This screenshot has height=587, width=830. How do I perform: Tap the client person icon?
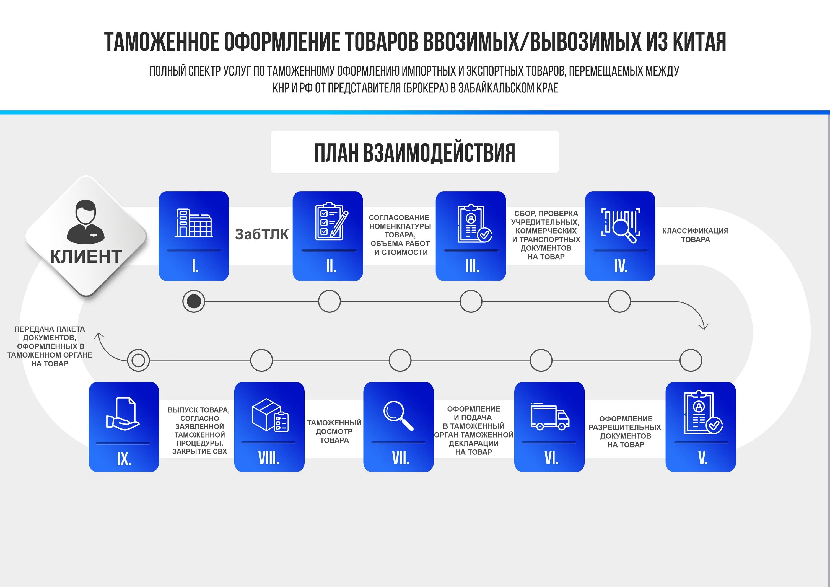[86, 221]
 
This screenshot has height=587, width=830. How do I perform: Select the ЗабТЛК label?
[262, 234]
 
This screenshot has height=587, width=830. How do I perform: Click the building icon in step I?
[194, 223]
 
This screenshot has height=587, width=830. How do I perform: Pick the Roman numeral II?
[331, 266]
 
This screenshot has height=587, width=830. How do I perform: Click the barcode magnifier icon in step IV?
[620, 225]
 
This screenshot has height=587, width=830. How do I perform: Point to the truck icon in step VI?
[550, 416]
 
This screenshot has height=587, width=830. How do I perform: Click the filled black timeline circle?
[194, 301]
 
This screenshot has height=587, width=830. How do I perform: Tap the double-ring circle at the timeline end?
[138, 360]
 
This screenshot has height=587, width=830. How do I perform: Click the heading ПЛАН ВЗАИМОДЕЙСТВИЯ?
[415, 152]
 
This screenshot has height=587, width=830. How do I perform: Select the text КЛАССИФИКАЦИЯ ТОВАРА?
[695, 235]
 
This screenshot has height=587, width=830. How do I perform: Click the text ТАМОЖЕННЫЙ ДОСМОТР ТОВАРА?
[334, 431]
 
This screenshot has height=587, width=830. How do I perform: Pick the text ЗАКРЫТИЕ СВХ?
[199, 451]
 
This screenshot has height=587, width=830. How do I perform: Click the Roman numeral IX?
[124, 459]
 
